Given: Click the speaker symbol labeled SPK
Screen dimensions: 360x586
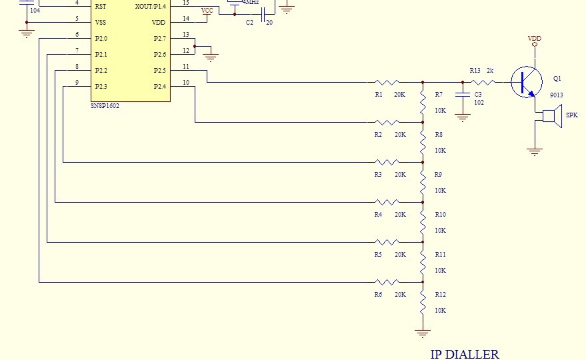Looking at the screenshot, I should coord(551,115).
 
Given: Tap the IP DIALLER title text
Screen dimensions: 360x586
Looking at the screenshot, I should coord(464,354).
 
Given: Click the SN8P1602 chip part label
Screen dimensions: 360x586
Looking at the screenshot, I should coord(105,105).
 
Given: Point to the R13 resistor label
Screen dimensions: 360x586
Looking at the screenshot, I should coord(475,70).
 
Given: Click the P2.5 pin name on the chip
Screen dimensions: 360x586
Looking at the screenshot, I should coord(159,70).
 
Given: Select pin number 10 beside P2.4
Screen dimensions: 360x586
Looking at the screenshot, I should coord(186,82).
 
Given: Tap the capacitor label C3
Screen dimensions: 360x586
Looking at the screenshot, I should coord(478,95).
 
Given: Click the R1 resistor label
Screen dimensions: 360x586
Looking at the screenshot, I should coord(379,95).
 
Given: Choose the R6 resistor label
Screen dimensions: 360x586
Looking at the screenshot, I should coord(379,295).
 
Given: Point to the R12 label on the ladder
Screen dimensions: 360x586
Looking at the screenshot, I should coord(440,295).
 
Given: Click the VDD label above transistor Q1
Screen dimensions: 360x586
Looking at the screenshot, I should coord(535,39).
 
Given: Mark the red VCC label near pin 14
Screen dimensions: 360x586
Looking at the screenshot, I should coord(207,11).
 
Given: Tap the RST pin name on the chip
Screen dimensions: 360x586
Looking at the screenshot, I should coord(101,6).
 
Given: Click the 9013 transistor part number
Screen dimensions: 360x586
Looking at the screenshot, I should coord(556,95).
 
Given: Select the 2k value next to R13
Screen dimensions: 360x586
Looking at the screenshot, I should coord(490,70).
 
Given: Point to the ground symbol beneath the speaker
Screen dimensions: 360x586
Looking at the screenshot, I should coord(534,152).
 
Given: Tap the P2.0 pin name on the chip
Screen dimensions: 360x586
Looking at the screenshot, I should coord(101,38).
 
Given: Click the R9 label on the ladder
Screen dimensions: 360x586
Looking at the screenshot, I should coord(438,175).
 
